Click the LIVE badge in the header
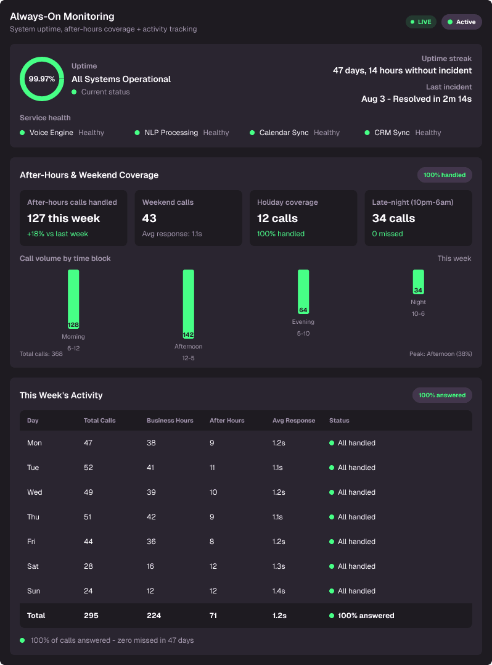(x=421, y=22)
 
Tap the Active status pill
(x=462, y=22)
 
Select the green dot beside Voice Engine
(x=22, y=133)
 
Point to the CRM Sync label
(x=392, y=133)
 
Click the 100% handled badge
(x=445, y=175)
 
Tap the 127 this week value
(x=64, y=218)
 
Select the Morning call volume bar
(x=73, y=299)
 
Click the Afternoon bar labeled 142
(x=189, y=304)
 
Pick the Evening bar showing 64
(x=303, y=292)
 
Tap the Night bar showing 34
(x=418, y=282)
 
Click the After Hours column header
(x=227, y=421)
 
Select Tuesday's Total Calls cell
(x=88, y=468)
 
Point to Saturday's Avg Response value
(x=279, y=566)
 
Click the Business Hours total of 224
(x=154, y=616)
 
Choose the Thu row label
(x=33, y=517)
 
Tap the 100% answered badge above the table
(x=442, y=395)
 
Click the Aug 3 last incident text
(x=417, y=99)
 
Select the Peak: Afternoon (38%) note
(x=441, y=353)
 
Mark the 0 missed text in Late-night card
(x=387, y=234)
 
